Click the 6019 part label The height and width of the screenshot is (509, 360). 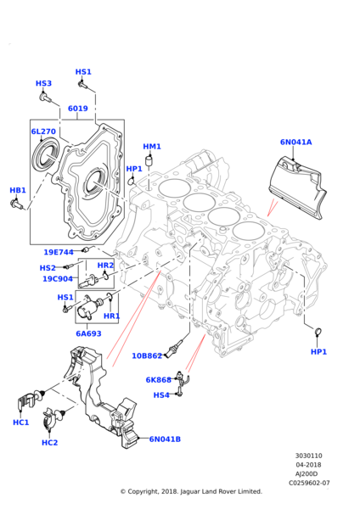[x=77, y=109]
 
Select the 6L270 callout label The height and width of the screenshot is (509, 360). [x=43, y=132]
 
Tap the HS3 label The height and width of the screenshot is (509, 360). [x=43, y=83]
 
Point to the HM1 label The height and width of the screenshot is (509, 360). [x=152, y=147]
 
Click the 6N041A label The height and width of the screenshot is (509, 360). [x=295, y=143]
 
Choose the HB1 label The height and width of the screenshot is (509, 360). [x=18, y=190]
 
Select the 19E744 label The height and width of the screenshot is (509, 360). [x=59, y=252]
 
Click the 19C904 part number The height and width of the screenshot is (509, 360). [x=58, y=279]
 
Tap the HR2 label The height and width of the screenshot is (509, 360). [x=105, y=266]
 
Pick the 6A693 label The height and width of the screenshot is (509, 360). [x=88, y=334]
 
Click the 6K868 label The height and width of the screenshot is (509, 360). [x=159, y=380]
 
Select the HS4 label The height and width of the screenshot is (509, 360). [x=160, y=394]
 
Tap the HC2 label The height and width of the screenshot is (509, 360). [x=50, y=442]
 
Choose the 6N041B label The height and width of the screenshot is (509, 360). [x=165, y=439]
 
